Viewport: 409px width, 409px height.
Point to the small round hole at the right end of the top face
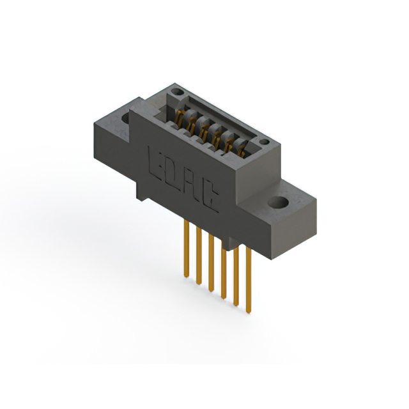click(x=263, y=141)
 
